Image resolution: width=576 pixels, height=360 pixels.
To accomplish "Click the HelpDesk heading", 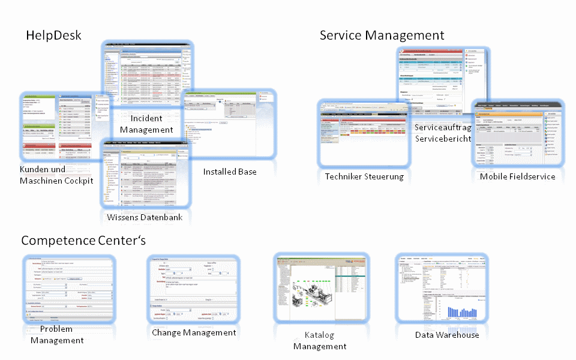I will tap(53, 35).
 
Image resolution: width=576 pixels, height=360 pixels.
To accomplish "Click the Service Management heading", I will tap(382, 35).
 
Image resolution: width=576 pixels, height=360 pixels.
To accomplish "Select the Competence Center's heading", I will tap(83, 241).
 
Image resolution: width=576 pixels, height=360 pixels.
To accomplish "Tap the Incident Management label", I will tap(146, 124).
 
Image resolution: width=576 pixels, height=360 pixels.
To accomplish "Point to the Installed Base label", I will tap(230, 172).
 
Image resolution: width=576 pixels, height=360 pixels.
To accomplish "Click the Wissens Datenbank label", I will tap(145, 217).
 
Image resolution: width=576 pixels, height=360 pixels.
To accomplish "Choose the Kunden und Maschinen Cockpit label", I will tap(56, 176).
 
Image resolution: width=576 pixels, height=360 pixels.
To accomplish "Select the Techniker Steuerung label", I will tap(364, 176).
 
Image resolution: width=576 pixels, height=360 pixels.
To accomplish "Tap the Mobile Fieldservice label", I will tap(517, 176).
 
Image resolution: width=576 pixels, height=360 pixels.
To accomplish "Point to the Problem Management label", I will tap(57, 335).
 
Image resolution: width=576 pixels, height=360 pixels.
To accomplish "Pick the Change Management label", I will tap(194, 332).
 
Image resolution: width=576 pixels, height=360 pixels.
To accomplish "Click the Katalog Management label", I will tap(320, 340).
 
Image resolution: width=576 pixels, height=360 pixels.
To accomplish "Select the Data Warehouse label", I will tap(447, 335).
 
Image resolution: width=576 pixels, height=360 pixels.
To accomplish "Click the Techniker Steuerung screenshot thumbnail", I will tap(364, 133).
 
